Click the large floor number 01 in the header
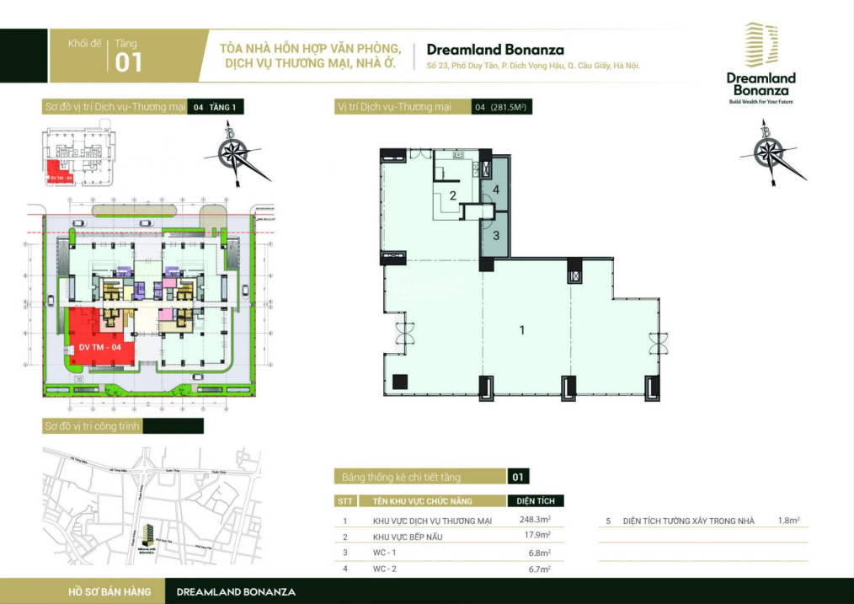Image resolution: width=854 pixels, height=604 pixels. tap(129, 63)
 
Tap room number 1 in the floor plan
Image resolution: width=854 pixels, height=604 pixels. tap(522, 330)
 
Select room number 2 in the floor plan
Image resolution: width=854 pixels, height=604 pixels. tap(452, 196)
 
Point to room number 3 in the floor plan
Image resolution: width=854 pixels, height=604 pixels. tap(496, 236)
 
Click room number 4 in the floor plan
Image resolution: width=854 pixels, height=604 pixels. tap(497, 190)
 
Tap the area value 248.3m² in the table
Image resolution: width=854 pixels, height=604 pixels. tap(535, 520)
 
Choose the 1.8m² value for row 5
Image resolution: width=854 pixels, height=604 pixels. tap(788, 521)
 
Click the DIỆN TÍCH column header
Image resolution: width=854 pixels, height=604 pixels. tap(535, 500)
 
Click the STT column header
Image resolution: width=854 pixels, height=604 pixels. tap(345, 500)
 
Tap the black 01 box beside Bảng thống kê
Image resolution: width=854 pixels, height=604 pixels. tap(518, 477)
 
